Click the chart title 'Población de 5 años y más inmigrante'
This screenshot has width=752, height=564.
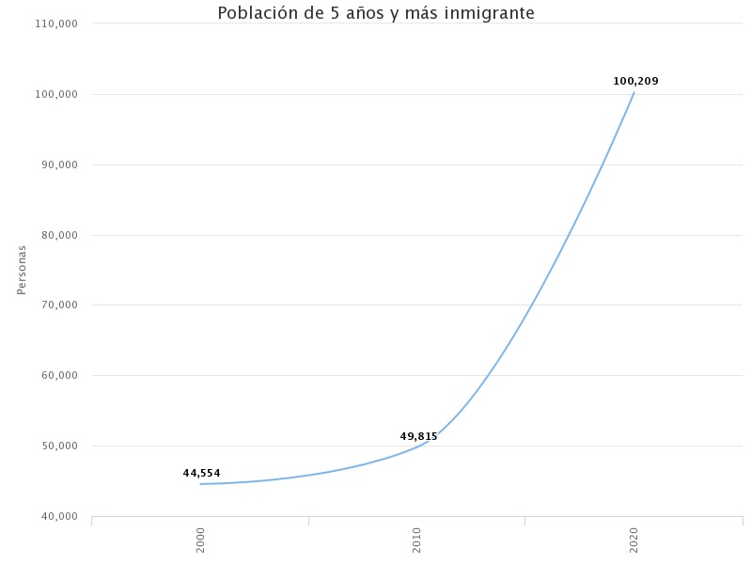click(x=376, y=13)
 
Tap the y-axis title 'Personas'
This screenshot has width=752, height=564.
click(x=22, y=270)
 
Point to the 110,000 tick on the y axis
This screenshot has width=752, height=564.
click(x=57, y=23)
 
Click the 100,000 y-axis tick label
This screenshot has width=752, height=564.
click(x=57, y=94)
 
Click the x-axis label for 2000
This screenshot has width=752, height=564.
click(x=200, y=540)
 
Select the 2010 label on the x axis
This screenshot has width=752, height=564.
click(x=416, y=540)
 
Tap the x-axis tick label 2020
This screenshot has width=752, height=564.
click(x=634, y=540)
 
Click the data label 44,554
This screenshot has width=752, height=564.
click(x=201, y=473)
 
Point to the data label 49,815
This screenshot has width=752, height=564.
click(x=418, y=436)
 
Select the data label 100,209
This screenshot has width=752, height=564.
click(x=635, y=81)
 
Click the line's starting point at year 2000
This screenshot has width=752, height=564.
click(x=200, y=484)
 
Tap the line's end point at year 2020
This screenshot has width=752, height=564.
click(x=634, y=92)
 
